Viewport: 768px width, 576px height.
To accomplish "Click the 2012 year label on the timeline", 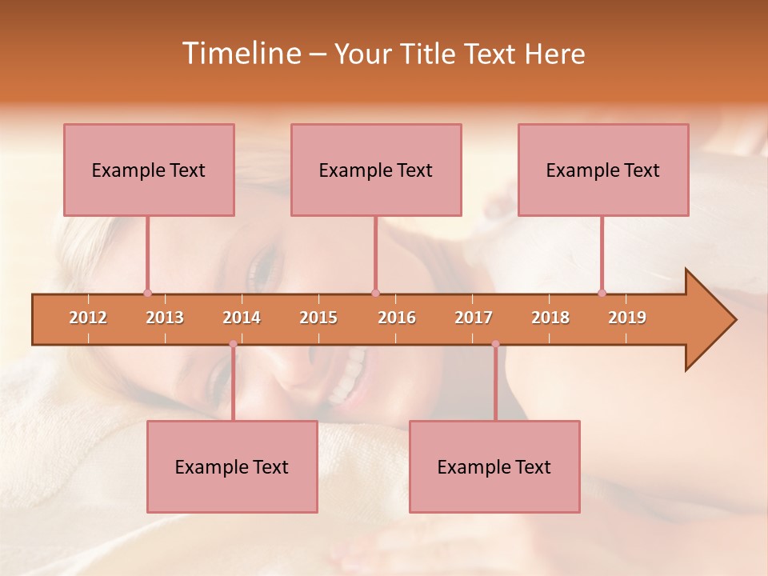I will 88,318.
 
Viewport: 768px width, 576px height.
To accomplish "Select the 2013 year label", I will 165,318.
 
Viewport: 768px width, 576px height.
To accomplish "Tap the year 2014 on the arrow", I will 242,318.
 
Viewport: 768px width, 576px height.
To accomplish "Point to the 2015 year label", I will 318,318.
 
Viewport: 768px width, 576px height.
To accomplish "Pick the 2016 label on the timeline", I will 397,318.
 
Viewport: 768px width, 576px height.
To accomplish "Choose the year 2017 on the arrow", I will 474,318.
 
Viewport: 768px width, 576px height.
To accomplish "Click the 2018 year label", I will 550,318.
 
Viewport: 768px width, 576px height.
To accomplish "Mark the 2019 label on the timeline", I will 627,318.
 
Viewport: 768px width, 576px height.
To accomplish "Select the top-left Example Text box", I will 149,170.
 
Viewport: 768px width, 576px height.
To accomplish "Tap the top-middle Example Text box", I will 376,170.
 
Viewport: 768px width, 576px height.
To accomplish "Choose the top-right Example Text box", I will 603,170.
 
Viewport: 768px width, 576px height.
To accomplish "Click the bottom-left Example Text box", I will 232,466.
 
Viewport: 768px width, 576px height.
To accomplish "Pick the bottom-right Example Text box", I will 494,466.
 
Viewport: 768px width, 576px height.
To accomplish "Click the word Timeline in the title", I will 240,54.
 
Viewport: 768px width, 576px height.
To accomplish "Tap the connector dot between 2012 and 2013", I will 147,293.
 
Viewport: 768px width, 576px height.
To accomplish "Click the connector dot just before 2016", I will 376,293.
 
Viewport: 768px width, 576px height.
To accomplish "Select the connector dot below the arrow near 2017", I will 495,344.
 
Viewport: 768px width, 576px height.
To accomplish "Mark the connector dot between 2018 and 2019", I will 602,293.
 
